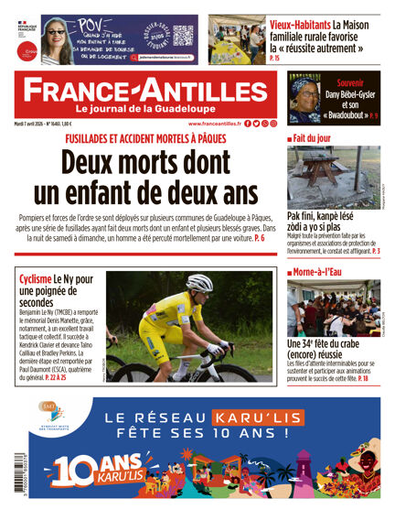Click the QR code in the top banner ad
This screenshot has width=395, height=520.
[x=183, y=36]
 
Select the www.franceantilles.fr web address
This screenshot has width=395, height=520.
[x=215, y=123]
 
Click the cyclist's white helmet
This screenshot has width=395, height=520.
[x=198, y=283]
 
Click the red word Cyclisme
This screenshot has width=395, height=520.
[x=39, y=278]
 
